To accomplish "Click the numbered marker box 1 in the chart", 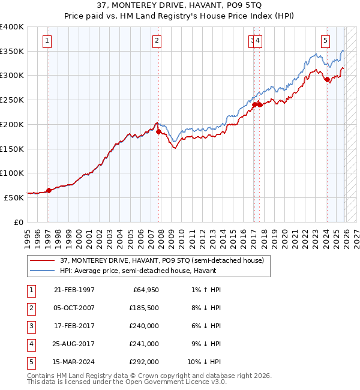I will pyautogui.click(x=47, y=41).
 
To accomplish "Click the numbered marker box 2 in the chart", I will pyautogui.click(x=157, y=41).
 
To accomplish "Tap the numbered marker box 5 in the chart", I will pyautogui.click(x=325, y=41).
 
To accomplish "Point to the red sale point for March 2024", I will pyautogui.click(x=327, y=79).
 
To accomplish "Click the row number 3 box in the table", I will pyautogui.click(x=31, y=326).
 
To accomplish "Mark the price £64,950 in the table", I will pyautogui.click(x=145, y=290).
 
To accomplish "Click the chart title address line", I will pyautogui.click(x=180, y=7).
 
